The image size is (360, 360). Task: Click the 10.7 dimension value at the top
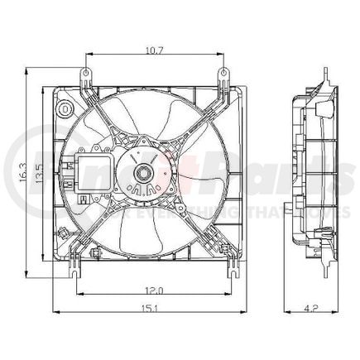[154, 50]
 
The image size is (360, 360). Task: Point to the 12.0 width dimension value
[152, 289]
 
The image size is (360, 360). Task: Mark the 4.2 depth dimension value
[310, 309]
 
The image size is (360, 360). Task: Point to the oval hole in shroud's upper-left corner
[64, 108]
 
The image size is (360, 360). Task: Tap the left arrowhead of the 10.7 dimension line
[87, 57]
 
